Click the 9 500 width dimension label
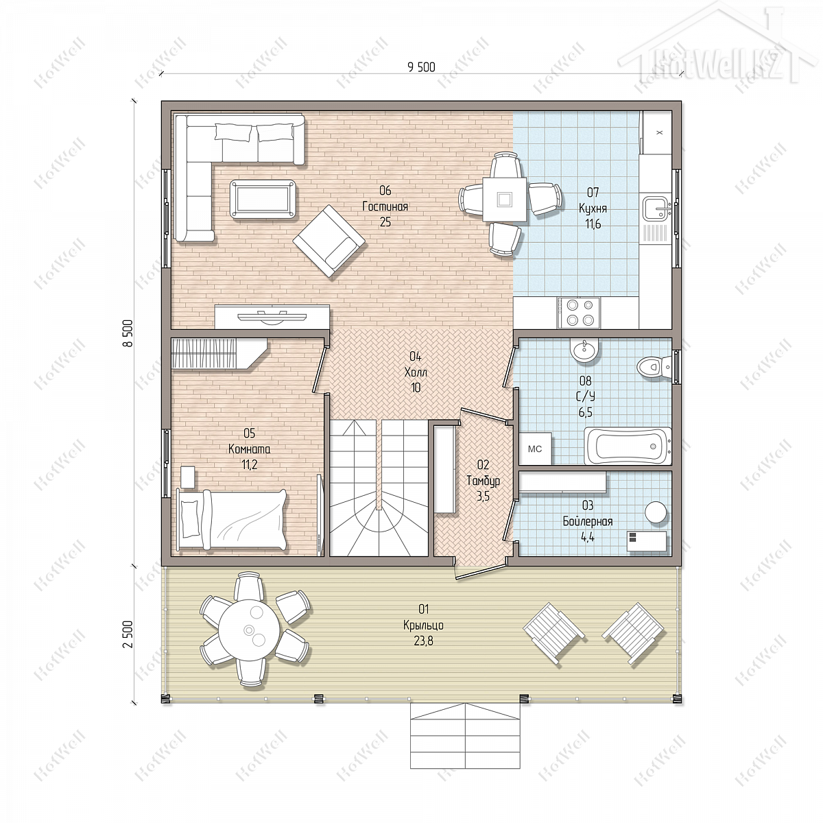click(422, 67)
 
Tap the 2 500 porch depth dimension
click(128, 634)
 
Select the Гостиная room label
click(385, 206)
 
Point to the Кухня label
click(593, 208)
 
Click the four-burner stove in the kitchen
click(578, 313)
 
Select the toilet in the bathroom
click(654, 367)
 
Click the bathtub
click(627, 446)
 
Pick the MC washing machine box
click(535, 449)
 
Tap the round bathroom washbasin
click(584, 350)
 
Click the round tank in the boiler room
click(656, 512)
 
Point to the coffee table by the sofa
click(263, 200)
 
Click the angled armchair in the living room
click(329, 241)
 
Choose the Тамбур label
click(483, 481)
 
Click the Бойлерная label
click(588, 521)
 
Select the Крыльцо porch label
click(423, 625)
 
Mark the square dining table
click(504, 199)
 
